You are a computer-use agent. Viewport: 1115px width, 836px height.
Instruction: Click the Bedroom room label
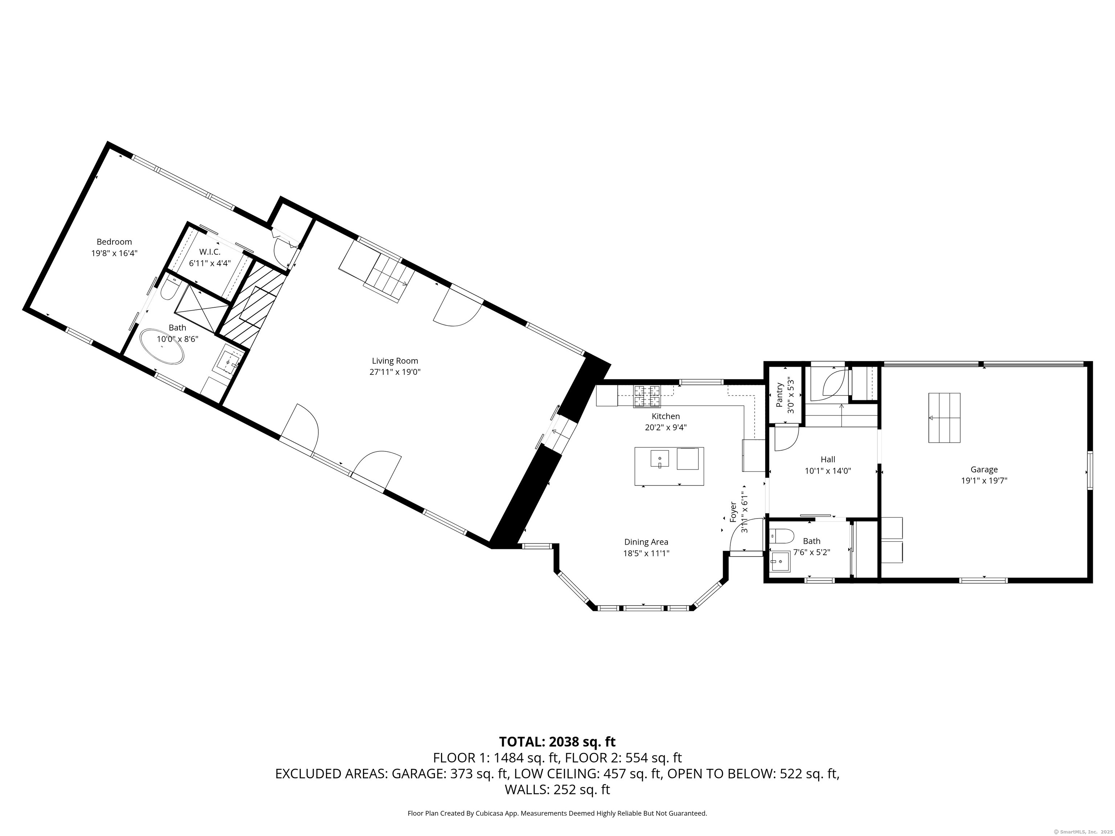click(114, 242)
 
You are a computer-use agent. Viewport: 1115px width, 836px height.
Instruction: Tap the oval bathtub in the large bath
click(162, 346)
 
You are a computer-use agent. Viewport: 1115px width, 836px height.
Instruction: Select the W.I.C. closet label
click(210, 251)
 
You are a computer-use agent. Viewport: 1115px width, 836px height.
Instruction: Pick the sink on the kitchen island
click(659, 460)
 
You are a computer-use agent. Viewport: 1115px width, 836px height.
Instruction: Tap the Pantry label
click(780, 395)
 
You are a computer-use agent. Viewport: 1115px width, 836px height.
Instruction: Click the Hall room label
click(828, 460)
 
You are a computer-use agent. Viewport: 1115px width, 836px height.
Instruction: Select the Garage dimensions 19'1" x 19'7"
click(984, 481)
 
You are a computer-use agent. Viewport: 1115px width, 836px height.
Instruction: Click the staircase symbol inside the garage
click(944, 418)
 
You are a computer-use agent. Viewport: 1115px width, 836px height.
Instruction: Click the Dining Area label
click(646, 542)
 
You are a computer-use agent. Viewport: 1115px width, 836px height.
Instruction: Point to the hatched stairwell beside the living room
click(252, 304)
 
